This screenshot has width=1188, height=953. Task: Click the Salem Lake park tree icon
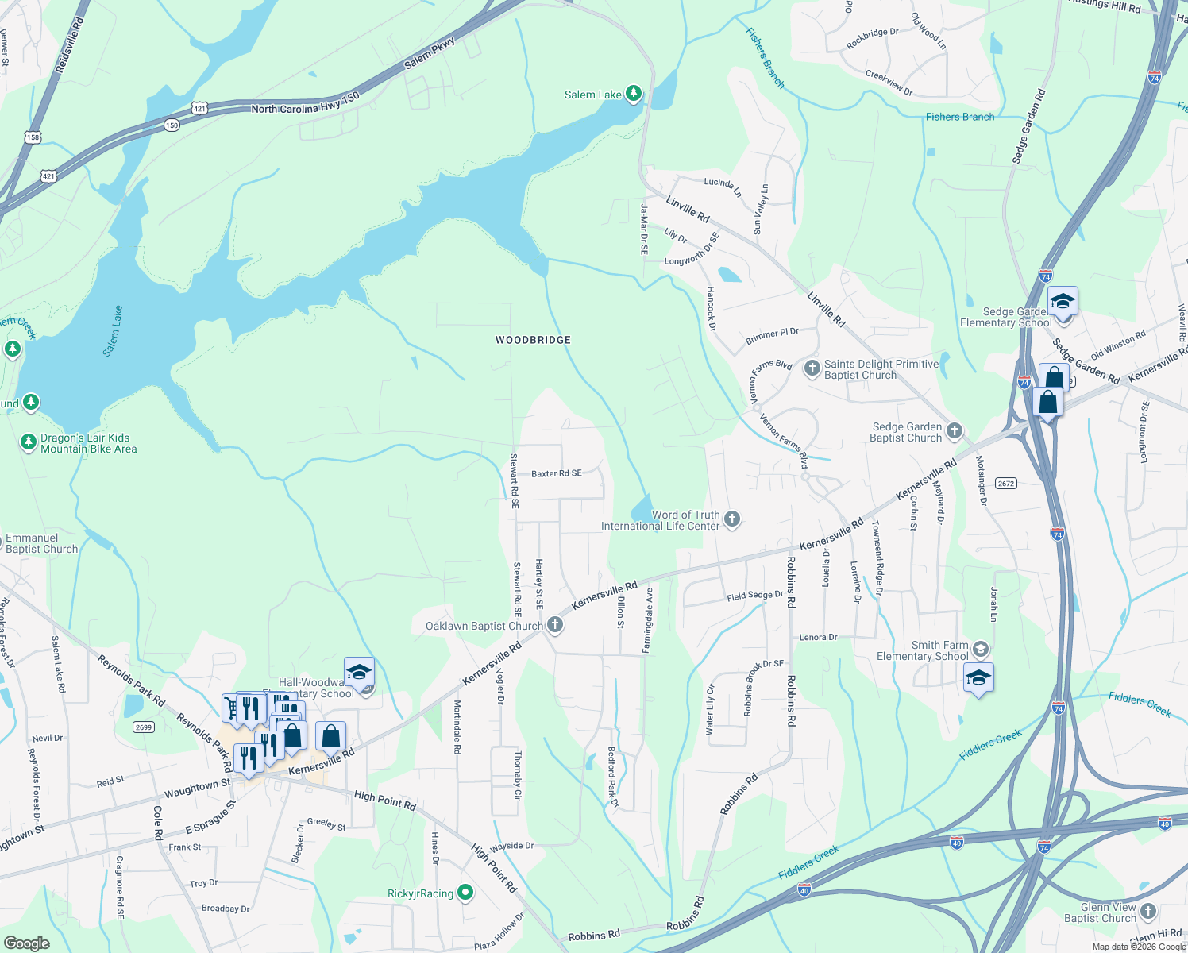tap(633, 95)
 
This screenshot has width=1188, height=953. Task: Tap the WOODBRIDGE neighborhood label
tap(534, 340)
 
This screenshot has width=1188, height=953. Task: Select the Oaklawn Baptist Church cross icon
tap(555, 626)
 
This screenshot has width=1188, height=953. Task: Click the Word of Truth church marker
tap(732, 519)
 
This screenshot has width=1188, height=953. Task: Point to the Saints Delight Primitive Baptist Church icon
tap(812, 368)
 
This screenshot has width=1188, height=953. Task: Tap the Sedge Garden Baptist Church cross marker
tap(955, 431)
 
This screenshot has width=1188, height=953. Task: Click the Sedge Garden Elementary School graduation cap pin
tap(1063, 303)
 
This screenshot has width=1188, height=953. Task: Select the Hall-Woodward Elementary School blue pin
tap(359, 673)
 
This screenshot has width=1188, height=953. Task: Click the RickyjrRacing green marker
tap(466, 893)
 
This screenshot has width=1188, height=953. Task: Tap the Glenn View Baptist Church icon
tap(1148, 911)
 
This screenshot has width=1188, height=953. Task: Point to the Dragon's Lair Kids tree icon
tap(29, 441)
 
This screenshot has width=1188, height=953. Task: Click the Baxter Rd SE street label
tap(557, 473)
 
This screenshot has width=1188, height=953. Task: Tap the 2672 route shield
tap(1006, 483)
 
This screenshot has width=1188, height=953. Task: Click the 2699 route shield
tap(144, 727)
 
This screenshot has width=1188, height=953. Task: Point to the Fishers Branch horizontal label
tap(960, 117)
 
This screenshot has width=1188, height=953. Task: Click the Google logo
tap(26, 943)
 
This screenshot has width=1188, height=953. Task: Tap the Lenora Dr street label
tap(818, 637)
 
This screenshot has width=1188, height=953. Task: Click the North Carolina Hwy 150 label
tap(306, 103)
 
